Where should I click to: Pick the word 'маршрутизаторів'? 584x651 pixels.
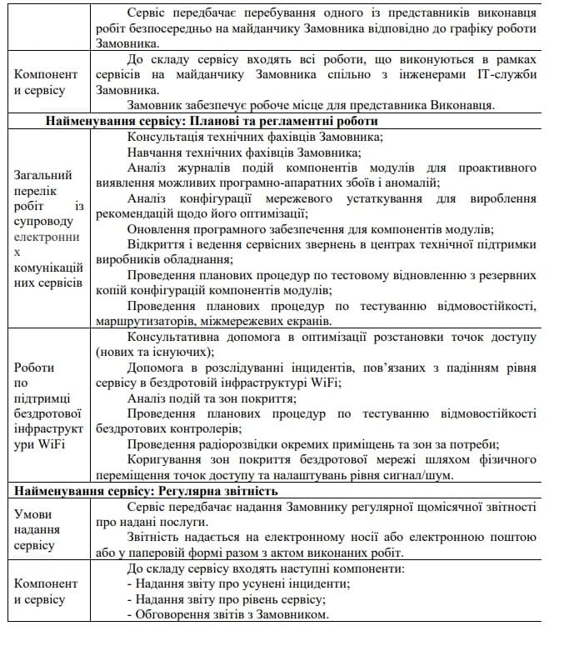tap(141, 321)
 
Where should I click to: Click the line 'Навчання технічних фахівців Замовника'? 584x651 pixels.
tap(244, 152)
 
